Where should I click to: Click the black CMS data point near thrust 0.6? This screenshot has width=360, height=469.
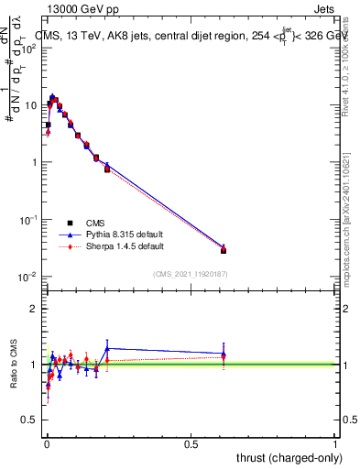click(x=224, y=250)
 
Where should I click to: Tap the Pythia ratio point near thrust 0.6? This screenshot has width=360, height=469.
click(x=224, y=354)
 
